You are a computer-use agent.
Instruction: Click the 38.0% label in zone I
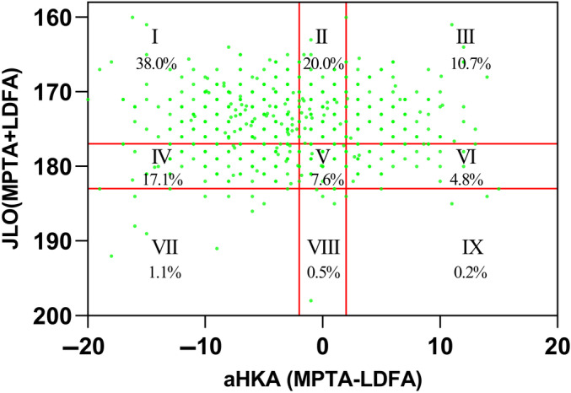click(x=156, y=64)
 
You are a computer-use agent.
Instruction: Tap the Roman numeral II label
click(x=321, y=37)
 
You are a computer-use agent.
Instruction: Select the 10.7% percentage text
click(x=471, y=64)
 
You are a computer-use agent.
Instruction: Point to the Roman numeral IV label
click(x=161, y=157)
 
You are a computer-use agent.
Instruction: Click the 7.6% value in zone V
click(x=327, y=180)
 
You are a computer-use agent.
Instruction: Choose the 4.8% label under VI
click(x=466, y=180)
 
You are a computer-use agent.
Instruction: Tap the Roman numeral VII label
click(x=164, y=247)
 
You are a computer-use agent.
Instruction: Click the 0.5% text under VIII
click(x=324, y=272)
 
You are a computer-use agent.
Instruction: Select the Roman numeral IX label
click(x=472, y=247)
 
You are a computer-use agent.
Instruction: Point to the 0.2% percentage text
click(x=471, y=272)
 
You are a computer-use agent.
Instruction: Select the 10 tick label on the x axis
click(x=439, y=347)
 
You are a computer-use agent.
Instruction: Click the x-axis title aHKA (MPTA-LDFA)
click(x=323, y=380)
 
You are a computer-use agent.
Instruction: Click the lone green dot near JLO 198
click(x=310, y=300)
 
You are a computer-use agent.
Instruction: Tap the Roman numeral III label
click(x=466, y=37)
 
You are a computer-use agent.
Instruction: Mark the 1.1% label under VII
click(x=165, y=272)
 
